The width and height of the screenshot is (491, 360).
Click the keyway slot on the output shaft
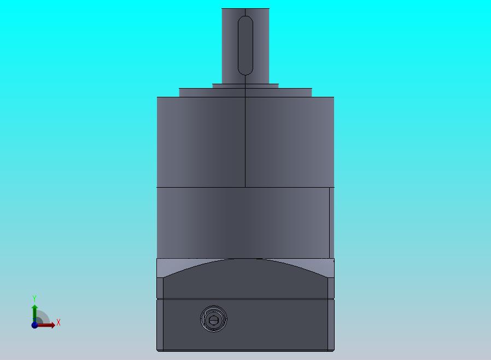[x=245, y=46]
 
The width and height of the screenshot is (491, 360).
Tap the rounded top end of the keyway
[x=245, y=18]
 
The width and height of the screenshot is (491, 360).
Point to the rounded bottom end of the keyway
[x=245, y=73]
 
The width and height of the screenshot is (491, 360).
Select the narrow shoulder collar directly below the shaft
[x=245, y=86]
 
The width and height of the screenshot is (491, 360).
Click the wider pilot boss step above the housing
[x=245, y=92]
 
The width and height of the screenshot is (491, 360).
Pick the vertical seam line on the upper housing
[x=245, y=142]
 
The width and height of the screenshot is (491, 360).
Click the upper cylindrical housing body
[x=245, y=142]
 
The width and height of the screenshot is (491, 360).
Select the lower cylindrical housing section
[x=245, y=223]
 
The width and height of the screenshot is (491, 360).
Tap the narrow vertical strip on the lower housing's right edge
[x=331, y=223]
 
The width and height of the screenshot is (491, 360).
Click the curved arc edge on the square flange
[x=245, y=259]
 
